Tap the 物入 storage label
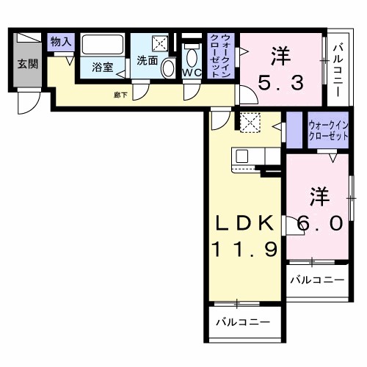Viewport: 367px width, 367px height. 61,43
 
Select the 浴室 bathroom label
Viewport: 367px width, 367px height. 103,68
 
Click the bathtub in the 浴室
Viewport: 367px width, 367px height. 103,46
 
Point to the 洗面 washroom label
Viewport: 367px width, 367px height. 147,61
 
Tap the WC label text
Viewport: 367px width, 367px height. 192,73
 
